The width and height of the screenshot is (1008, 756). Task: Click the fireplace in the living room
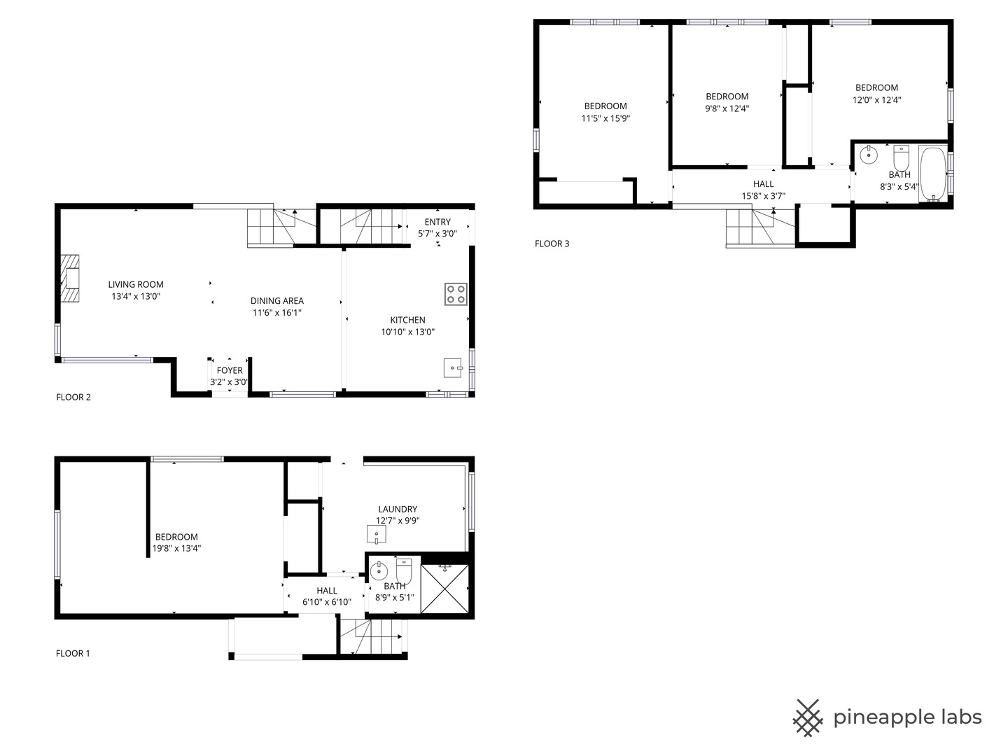(70, 278)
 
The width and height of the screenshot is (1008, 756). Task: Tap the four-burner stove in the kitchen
(456, 294)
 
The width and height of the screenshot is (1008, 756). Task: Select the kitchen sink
(453, 367)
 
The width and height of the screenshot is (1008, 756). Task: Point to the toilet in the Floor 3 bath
(901, 158)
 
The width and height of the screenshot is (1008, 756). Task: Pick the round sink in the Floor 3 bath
(869, 155)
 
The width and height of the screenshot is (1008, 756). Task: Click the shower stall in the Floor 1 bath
(444, 589)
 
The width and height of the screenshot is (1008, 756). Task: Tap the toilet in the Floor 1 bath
(404, 571)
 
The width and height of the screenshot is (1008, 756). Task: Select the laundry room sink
(377, 534)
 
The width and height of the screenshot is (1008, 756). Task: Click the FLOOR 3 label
(552, 244)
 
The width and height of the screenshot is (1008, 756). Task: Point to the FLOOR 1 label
(73, 653)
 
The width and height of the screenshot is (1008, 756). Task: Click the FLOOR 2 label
(73, 397)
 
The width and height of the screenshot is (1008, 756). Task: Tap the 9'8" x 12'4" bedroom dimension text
(727, 108)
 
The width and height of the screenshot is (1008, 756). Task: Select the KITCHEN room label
(408, 320)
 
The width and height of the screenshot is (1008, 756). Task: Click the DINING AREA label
(277, 301)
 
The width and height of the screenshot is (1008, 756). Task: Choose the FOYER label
(230, 370)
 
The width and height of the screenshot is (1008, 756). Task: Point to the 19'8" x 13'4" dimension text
(177, 548)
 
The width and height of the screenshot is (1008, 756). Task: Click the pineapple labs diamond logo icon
(808, 718)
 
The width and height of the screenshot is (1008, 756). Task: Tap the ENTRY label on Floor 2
(437, 222)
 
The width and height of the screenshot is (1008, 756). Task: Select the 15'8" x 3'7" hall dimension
(763, 196)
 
